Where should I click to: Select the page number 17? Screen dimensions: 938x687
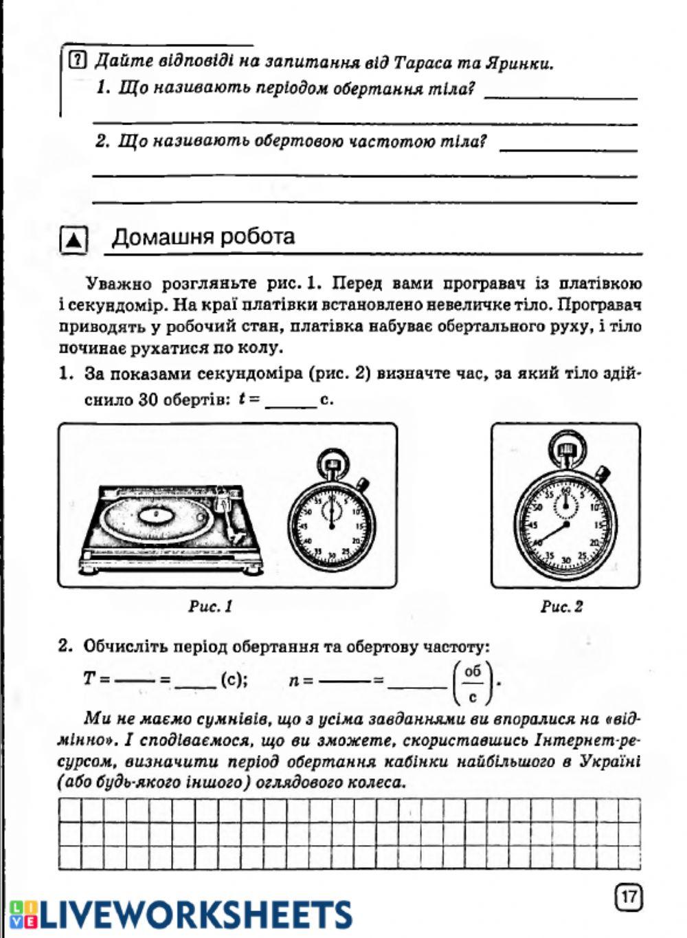pyautogui.click(x=629, y=897)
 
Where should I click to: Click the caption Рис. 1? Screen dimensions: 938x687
pyautogui.click(x=210, y=606)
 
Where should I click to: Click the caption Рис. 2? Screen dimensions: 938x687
pyautogui.click(x=562, y=606)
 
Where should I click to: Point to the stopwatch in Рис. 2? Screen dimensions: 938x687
pyautogui.click(x=565, y=523)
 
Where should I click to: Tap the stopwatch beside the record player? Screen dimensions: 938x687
pyautogui.click(x=331, y=519)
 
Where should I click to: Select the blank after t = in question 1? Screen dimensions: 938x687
pyautogui.click(x=289, y=400)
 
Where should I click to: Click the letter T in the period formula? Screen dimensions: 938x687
pyautogui.click(x=89, y=679)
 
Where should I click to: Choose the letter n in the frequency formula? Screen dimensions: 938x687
pyautogui.click(x=294, y=681)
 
